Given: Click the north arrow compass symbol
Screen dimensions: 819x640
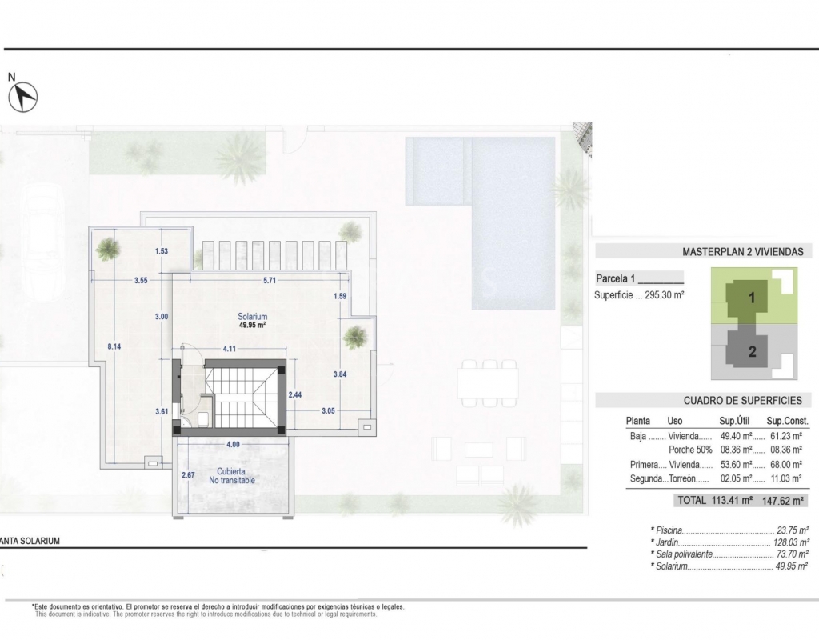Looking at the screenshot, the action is [23, 97].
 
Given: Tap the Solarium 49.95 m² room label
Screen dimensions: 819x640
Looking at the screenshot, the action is [252, 320].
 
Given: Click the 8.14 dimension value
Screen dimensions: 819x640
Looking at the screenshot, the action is [114, 346].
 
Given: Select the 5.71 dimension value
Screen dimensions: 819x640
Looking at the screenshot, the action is [270, 281].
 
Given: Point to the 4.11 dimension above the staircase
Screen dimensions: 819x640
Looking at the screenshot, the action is [230, 349].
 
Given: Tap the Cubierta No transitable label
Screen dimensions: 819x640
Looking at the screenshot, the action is [232, 475].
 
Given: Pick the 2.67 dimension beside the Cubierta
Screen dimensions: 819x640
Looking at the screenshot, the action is [188, 475].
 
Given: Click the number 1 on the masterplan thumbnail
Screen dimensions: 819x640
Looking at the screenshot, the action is [752, 298].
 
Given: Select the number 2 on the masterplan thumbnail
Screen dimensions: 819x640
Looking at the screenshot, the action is [752, 352].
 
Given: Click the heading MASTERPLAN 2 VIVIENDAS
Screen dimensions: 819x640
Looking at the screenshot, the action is [743, 252].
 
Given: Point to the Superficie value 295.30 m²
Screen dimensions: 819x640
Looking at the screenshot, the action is [665, 294].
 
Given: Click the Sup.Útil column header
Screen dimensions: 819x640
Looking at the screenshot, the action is [734, 421].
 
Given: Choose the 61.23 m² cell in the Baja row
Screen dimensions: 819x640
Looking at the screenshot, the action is [786, 436].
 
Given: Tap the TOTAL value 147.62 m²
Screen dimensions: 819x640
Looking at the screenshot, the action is [783, 501].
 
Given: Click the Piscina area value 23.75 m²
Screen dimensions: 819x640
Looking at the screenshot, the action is [792, 530].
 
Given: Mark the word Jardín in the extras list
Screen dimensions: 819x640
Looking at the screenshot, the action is [667, 542].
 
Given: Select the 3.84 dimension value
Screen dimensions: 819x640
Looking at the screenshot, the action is [339, 374].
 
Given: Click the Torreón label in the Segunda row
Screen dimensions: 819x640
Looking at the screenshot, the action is [683, 478].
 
